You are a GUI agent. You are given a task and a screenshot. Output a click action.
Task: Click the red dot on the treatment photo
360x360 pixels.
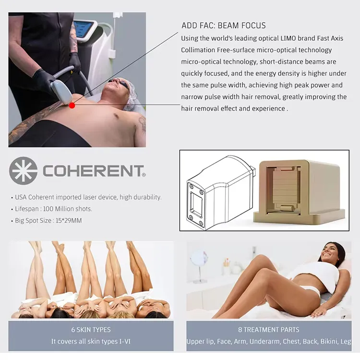point(72,106)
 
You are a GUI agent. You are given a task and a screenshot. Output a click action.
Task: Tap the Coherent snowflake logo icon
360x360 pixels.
point(23,171)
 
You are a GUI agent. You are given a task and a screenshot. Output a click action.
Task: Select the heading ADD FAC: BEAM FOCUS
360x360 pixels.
point(224,25)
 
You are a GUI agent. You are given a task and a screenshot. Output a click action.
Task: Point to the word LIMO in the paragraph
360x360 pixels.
point(288,38)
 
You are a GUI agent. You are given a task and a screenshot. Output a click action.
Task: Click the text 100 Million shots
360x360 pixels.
point(68,209)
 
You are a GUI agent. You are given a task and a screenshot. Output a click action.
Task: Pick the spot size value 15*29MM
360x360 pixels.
point(69,221)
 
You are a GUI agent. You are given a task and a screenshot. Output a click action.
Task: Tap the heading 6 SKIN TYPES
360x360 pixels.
point(91,330)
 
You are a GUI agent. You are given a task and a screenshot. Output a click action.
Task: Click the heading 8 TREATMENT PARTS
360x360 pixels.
point(269,330)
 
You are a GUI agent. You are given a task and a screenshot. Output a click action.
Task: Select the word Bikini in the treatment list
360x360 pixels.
point(329,342)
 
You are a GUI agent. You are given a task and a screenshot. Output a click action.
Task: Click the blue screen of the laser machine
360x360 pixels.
point(84,30)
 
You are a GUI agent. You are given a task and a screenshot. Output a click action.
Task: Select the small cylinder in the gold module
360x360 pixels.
point(287,209)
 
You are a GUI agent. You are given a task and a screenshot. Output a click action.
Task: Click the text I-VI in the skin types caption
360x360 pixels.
point(125,341)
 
